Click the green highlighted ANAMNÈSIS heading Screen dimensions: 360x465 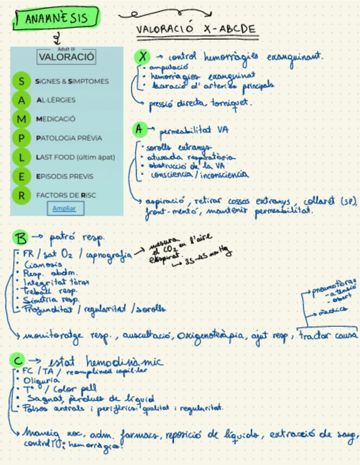[x=57, y=19]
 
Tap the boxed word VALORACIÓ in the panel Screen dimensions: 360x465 [x=67, y=56]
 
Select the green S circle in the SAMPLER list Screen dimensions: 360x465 [x=22, y=81]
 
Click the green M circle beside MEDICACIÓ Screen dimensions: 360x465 [x=22, y=119]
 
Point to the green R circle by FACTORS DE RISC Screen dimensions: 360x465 [x=22, y=195]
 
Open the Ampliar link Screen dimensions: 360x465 [x=64, y=208]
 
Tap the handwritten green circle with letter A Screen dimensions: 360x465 [x=140, y=129]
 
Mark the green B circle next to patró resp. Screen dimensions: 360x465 [x=20, y=238]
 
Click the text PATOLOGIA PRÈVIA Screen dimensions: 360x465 [x=69, y=138]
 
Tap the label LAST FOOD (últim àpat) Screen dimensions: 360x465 [x=76, y=157]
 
